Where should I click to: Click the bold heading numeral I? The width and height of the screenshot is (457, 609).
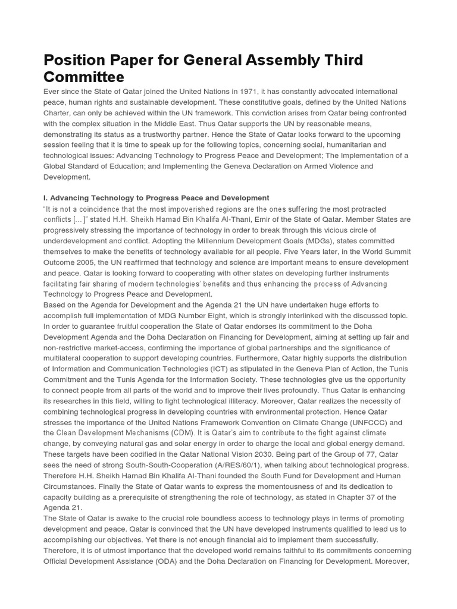[x=45, y=197]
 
